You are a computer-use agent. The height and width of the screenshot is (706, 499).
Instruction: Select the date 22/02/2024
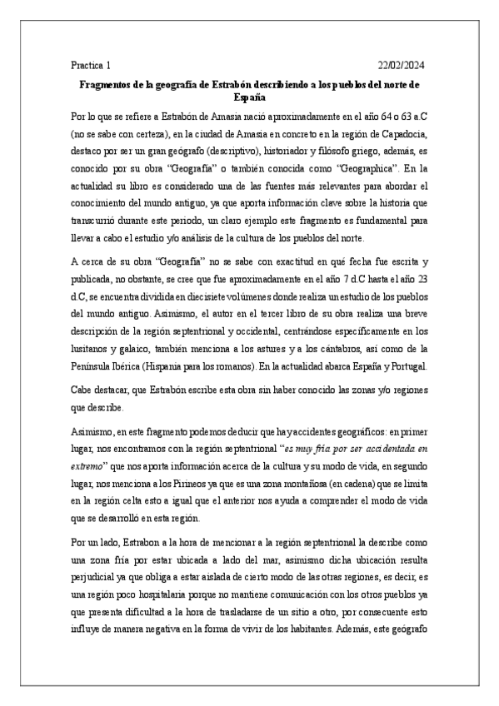pyautogui.click(x=402, y=65)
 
